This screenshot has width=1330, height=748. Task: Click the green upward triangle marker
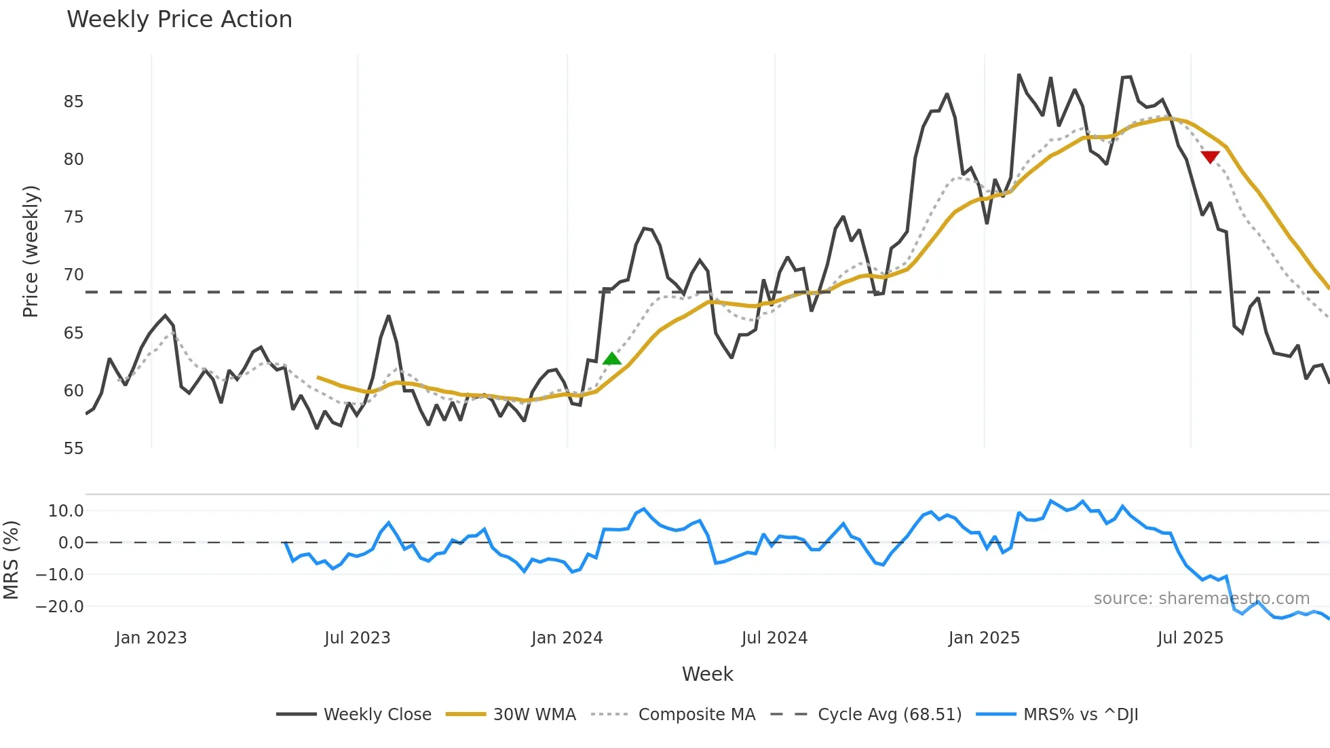(x=612, y=359)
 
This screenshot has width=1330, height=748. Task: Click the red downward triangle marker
(x=1210, y=157)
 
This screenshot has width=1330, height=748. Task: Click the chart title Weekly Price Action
(x=179, y=20)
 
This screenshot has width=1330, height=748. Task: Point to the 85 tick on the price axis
(x=73, y=102)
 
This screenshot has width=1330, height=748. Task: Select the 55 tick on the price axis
(x=73, y=449)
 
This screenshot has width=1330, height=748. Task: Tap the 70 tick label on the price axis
(x=73, y=275)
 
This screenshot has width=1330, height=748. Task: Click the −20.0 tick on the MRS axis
(x=60, y=607)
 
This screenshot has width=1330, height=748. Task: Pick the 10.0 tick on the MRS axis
(x=66, y=511)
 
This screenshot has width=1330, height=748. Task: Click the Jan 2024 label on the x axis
(x=567, y=638)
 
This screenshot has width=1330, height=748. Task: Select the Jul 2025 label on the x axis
(x=1190, y=638)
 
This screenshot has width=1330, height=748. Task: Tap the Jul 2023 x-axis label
(x=357, y=638)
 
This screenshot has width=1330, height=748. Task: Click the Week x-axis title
(x=707, y=674)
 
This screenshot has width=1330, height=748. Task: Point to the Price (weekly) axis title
(x=31, y=251)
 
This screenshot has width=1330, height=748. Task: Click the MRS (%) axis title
(x=11, y=560)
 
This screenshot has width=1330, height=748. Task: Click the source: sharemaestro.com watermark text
(x=1201, y=599)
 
